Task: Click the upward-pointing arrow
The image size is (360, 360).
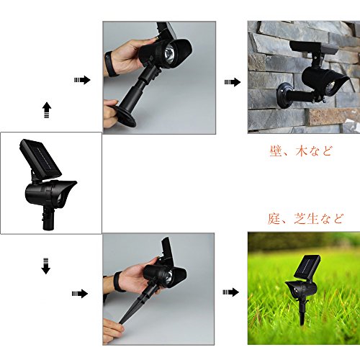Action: coord(47,110)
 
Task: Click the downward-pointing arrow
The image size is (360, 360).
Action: coord(46,266)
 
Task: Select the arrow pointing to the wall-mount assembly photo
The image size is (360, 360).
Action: coord(82,80)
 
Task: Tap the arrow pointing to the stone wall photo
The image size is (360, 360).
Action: coord(233,82)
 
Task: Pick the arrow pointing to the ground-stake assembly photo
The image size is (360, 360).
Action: coord(80,294)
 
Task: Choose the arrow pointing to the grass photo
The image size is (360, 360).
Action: coord(230,292)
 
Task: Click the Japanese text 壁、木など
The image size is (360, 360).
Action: coord(301,151)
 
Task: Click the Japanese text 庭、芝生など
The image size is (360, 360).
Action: coord(305,219)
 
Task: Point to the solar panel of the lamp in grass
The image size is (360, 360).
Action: coord(308,267)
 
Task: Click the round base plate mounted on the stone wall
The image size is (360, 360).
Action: coord(284,95)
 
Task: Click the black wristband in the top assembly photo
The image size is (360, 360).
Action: coord(110,64)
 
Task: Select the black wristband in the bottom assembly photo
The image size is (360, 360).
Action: coord(119,282)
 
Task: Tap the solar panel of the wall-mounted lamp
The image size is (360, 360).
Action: coord(314,48)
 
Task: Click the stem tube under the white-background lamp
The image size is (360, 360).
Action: coord(48,218)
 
